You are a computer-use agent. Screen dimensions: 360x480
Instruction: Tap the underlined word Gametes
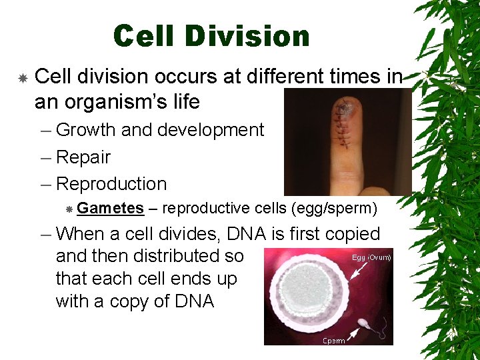(x=110, y=209)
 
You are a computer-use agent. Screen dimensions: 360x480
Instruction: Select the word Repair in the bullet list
(x=83, y=157)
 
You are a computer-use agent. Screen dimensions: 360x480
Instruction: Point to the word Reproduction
(x=111, y=184)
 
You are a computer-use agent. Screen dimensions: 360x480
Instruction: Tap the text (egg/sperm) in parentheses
(x=334, y=209)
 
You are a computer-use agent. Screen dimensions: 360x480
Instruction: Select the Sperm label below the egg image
(x=334, y=341)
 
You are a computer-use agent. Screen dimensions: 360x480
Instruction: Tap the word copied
(x=350, y=234)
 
